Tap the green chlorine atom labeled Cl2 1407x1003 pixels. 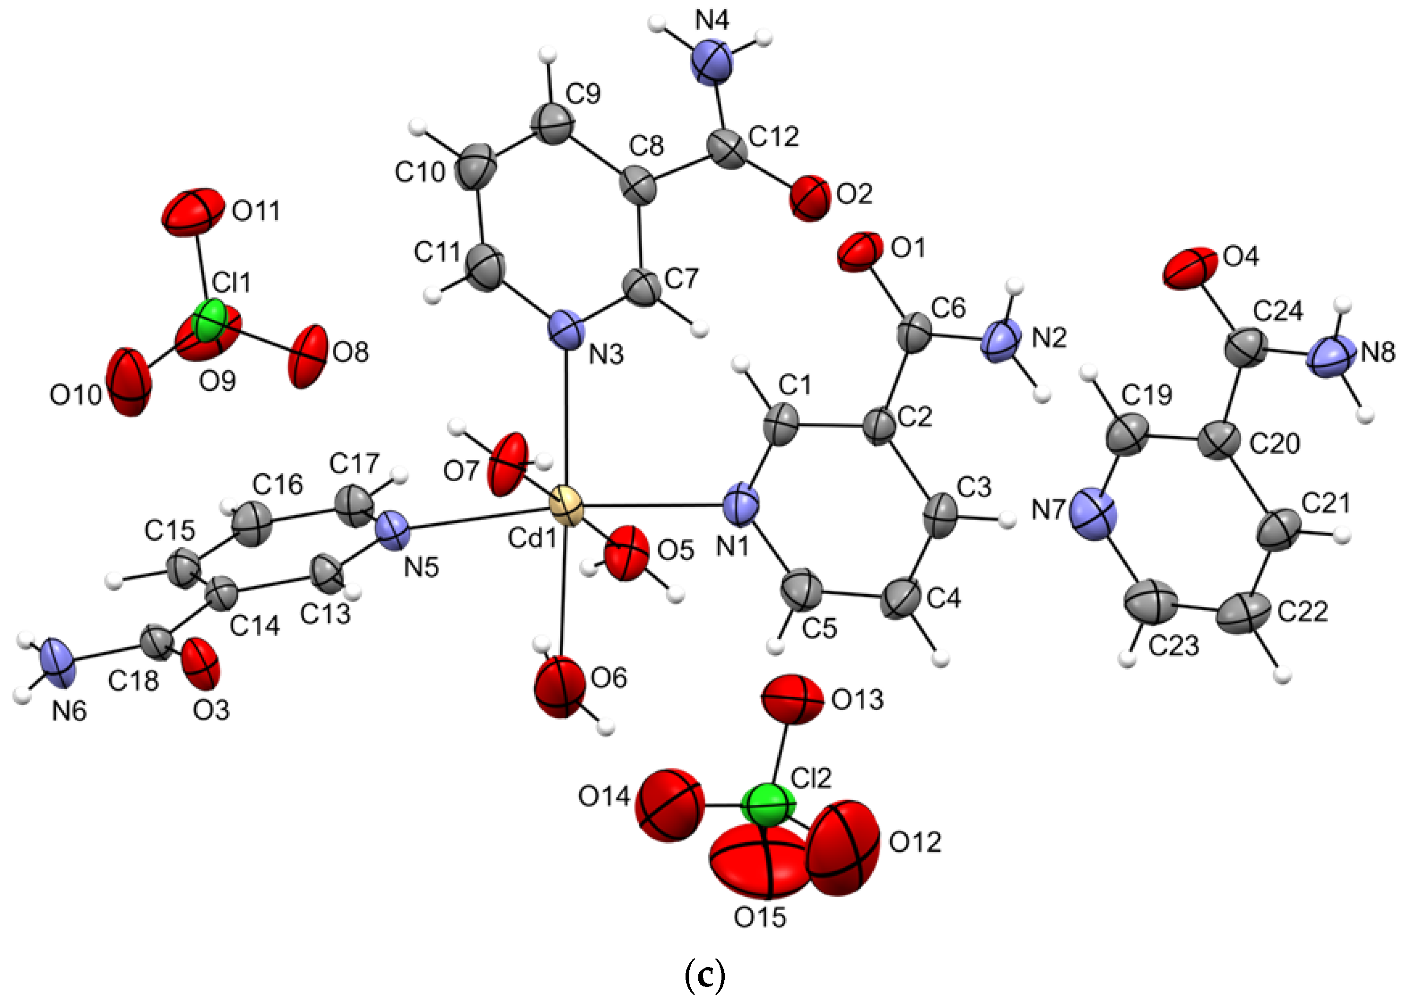(x=766, y=805)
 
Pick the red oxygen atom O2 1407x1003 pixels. (x=808, y=198)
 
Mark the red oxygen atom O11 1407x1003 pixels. (x=193, y=212)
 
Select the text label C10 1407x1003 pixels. (x=420, y=173)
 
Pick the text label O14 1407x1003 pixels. (x=604, y=797)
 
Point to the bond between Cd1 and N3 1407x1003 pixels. (x=567, y=420)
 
